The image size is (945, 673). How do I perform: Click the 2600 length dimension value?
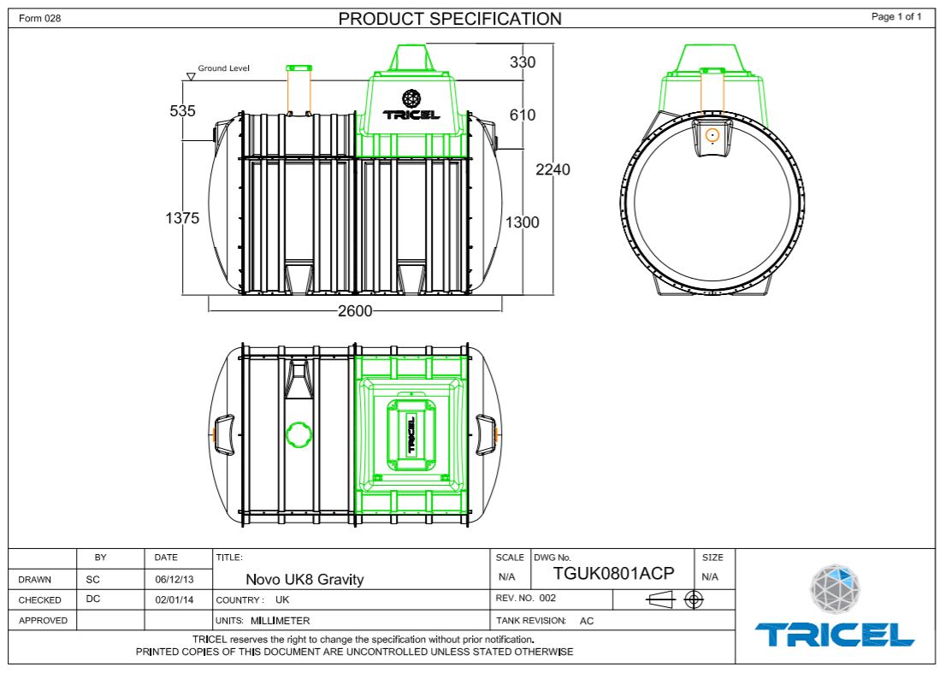click(x=355, y=311)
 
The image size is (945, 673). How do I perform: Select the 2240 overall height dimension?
click(x=552, y=169)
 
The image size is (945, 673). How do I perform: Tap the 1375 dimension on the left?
click(x=182, y=218)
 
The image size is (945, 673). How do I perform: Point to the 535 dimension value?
click(x=183, y=111)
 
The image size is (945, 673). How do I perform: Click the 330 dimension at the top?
click(x=523, y=62)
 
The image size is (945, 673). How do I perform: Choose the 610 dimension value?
click(x=523, y=115)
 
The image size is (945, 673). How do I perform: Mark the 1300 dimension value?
click(x=523, y=222)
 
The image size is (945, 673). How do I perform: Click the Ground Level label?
click(x=224, y=68)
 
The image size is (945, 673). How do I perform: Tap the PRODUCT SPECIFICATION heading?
click(x=451, y=19)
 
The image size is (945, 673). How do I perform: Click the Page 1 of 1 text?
click(x=896, y=17)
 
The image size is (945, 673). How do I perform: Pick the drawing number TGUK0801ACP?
click(x=614, y=574)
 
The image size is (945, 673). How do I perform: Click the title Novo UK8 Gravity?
click(x=304, y=579)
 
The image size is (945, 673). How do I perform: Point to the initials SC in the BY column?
click(x=93, y=579)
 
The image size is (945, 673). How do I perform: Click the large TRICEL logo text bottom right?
click(x=834, y=635)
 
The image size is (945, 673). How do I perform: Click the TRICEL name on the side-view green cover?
click(x=412, y=115)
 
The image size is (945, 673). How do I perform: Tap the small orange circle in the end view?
click(x=712, y=134)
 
